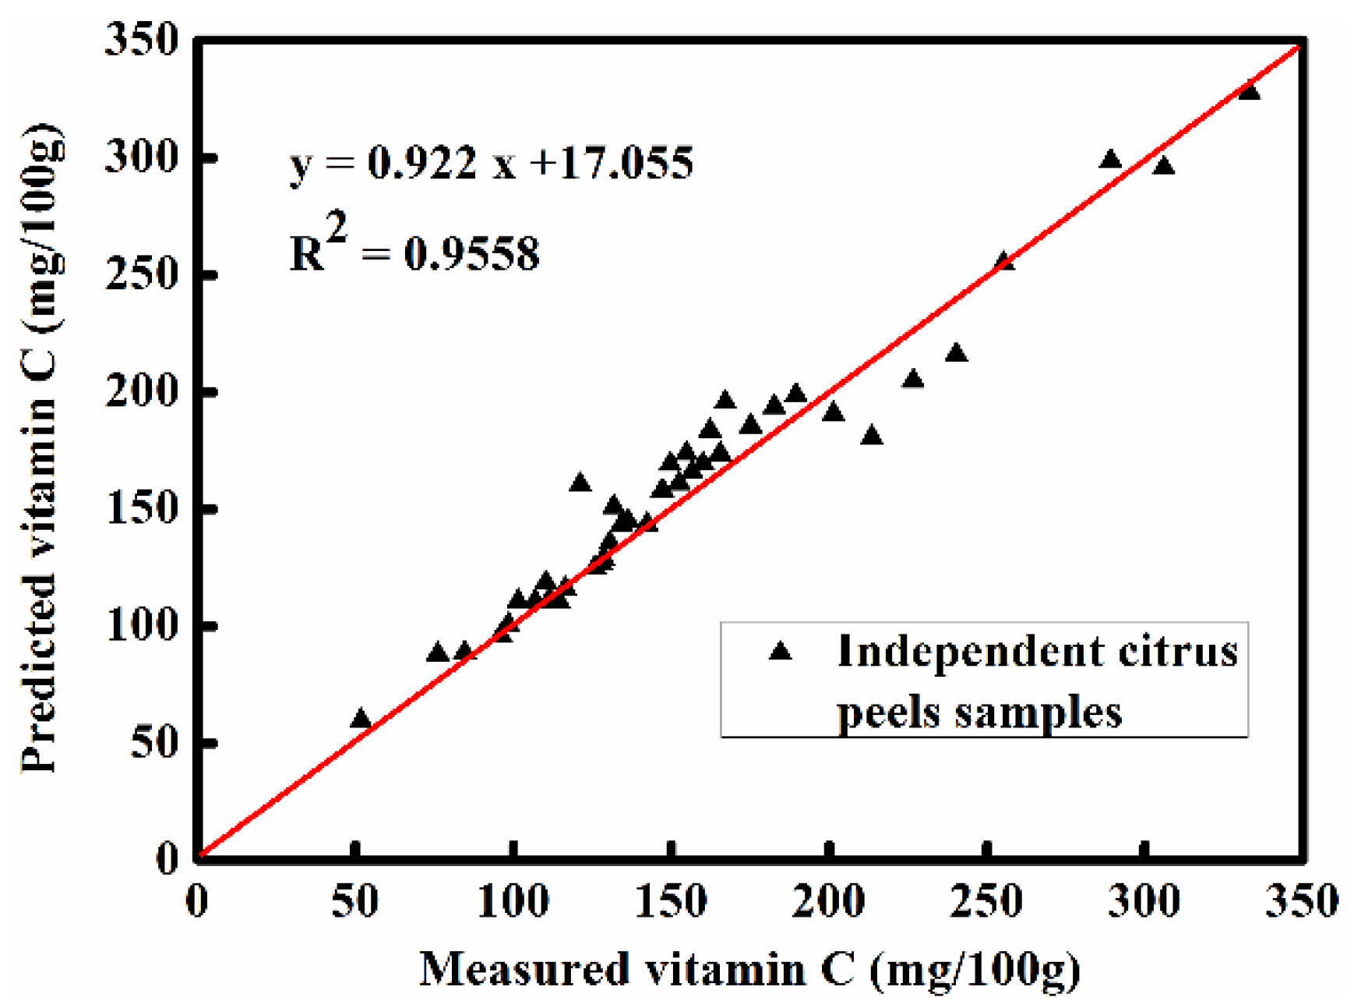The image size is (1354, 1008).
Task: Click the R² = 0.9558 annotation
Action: click(x=414, y=251)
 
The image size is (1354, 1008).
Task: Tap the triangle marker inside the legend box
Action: click(x=780, y=652)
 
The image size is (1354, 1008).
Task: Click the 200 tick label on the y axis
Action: click(x=142, y=391)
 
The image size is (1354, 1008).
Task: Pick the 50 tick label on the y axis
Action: click(x=154, y=742)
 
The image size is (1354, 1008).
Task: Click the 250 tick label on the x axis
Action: click(x=986, y=903)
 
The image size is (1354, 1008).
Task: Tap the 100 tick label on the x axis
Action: click(x=513, y=903)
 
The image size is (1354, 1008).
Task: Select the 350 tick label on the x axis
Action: click(x=1301, y=903)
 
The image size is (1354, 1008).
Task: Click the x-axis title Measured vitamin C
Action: click(x=749, y=970)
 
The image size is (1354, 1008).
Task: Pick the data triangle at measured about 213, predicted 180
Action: click(x=872, y=436)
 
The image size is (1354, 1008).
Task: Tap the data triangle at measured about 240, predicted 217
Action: click(x=957, y=353)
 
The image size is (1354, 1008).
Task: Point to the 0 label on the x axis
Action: click(x=197, y=903)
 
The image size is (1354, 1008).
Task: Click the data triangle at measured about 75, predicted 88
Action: click(x=438, y=653)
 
